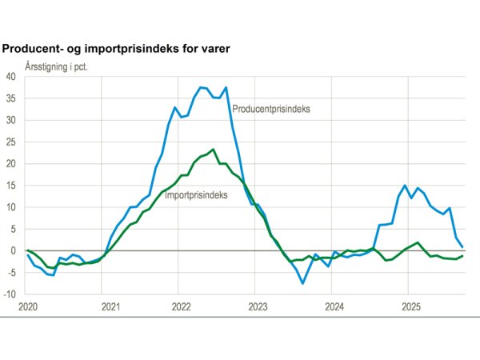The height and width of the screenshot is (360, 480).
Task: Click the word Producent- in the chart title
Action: (34, 49)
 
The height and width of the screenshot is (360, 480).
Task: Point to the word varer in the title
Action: (214, 49)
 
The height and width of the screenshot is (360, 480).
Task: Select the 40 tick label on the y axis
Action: (10, 77)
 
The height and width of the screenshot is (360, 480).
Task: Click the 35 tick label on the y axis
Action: (10, 98)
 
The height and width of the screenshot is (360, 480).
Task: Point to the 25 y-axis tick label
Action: (10, 142)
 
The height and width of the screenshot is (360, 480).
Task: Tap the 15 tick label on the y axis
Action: (10, 186)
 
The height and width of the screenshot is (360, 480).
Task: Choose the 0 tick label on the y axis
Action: (14, 250)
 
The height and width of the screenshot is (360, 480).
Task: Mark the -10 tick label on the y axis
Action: (10, 294)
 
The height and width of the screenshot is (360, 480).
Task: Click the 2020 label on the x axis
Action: (28, 307)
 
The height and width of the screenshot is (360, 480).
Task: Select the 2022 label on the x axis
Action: (182, 307)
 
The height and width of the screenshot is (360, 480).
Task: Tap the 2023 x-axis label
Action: (258, 307)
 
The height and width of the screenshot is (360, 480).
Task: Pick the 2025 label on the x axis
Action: (411, 307)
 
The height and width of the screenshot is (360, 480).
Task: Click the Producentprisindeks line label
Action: (270, 109)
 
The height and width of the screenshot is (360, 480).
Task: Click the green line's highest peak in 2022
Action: (213, 150)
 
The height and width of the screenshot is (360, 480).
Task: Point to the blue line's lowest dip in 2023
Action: (302, 283)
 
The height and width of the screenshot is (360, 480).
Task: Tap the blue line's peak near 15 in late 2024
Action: (406, 186)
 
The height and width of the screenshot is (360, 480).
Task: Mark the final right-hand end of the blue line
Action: (462, 246)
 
